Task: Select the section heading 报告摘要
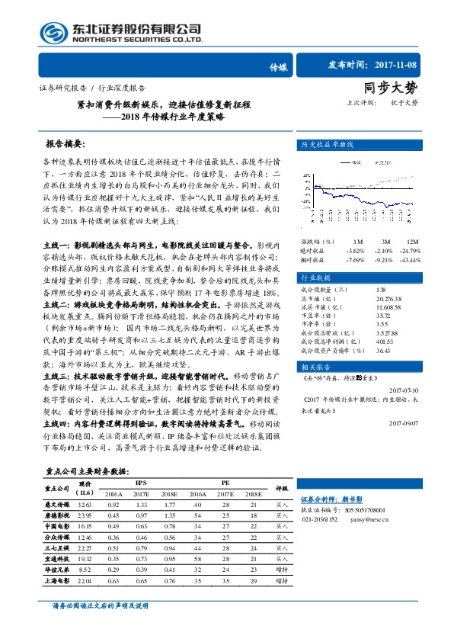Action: tap(66, 143)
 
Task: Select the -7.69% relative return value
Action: tap(355, 259)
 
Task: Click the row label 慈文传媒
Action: tap(57, 504)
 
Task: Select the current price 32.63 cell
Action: tap(85, 504)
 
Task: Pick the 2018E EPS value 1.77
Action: tap(168, 504)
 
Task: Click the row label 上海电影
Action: tap(57, 581)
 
